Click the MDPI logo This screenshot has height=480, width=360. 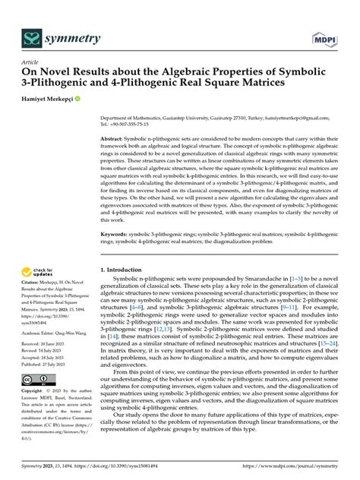(323, 37)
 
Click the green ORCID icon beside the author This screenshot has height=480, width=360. (99, 99)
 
